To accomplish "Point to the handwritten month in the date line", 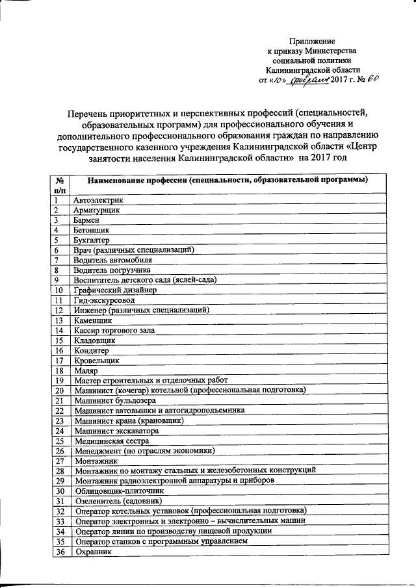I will tap(309, 80).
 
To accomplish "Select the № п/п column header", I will tap(58, 185).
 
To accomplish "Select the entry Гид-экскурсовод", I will tap(104, 300).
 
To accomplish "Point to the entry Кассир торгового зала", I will tap(114, 330).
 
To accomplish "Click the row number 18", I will tap(58, 370).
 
